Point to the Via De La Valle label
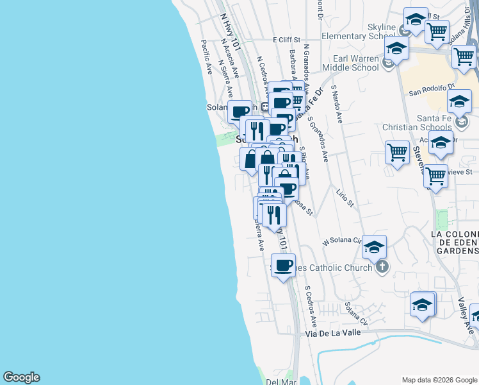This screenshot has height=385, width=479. pos(331,333)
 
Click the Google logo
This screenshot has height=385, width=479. pos(21,377)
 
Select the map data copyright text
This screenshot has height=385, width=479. pos(439,380)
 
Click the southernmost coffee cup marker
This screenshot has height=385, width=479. pos(283,265)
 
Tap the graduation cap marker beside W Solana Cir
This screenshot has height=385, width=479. pos(375,246)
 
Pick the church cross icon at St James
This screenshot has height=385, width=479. pos(382,268)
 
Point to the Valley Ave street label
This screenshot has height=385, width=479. pos(465,309)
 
